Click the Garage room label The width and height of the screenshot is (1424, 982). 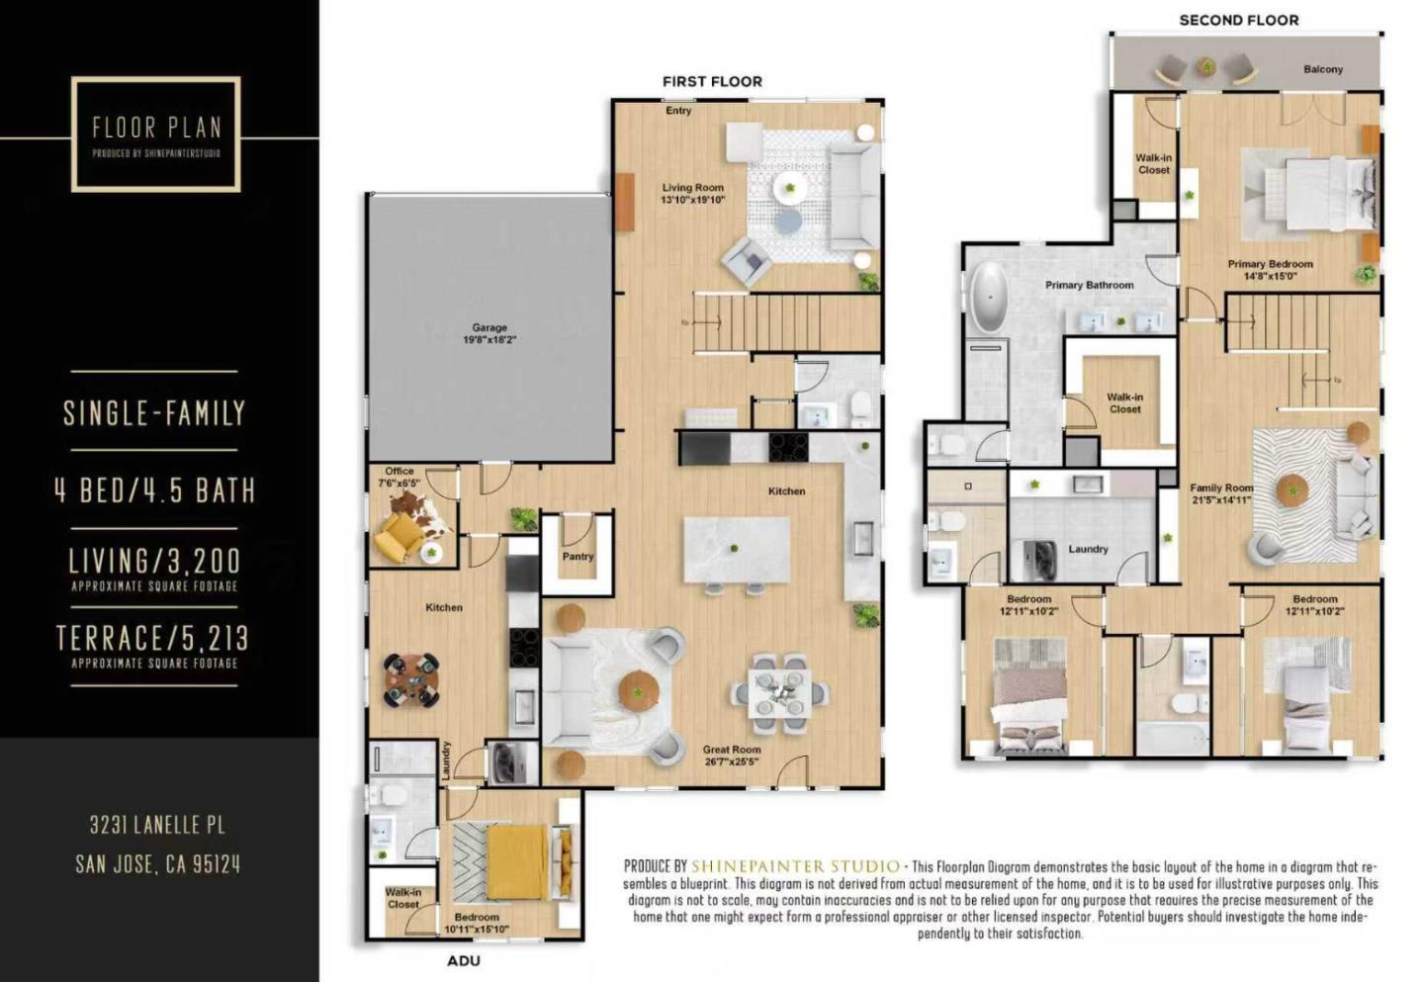click(x=489, y=327)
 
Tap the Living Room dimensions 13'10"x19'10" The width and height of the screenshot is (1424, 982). click(x=692, y=200)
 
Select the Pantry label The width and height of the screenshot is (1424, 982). click(x=578, y=557)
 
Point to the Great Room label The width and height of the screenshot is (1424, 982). click(x=732, y=750)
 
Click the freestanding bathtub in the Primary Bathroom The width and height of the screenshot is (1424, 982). click(x=988, y=298)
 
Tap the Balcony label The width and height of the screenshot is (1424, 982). click(x=1322, y=69)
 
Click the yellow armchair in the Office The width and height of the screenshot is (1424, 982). click(x=400, y=533)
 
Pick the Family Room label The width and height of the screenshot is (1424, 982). click(x=1221, y=488)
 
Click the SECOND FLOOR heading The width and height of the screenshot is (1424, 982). click(x=1238, y=20)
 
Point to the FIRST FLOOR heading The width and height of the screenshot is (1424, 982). click(x=712, y=81)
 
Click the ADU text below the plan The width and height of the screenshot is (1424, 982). click(x=463, y=960)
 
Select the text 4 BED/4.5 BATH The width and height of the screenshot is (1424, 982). click(x=155, y=491)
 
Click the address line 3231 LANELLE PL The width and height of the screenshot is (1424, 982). click(x=157, y=825)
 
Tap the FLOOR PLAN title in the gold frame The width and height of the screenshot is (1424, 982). click(x=156, y=128)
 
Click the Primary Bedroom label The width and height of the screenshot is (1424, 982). click(x=1270, y=264)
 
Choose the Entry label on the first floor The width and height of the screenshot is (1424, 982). click(x=678, y=111)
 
